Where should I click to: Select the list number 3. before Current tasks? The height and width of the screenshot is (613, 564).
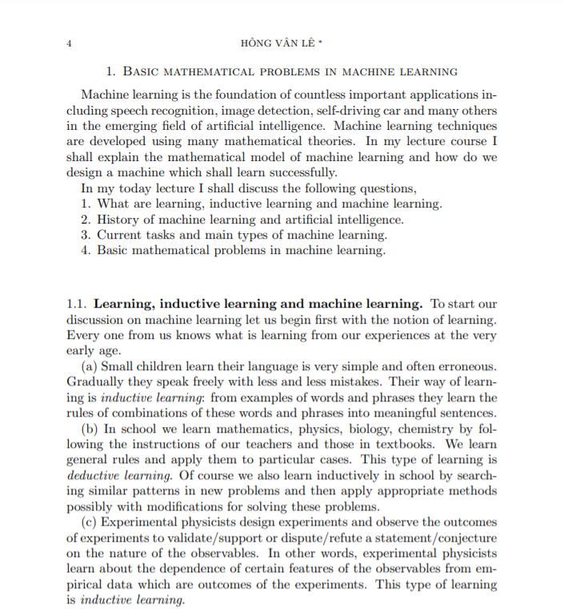coord(86,235)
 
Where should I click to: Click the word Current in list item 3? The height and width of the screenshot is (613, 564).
coord(120,235)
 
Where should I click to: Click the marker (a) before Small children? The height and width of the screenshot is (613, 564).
coord(90,367)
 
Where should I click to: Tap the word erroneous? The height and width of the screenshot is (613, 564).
coord(466,367)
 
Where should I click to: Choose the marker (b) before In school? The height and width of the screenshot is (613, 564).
coord(90,429)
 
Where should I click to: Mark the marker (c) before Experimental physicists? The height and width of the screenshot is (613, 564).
coord(90,522)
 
